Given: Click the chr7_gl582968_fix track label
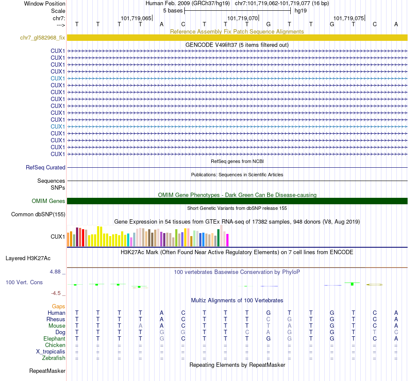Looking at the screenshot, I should click(x=43, y=38).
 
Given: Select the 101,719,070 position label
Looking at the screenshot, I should click(x=243, y=18).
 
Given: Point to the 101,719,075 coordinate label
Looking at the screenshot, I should click(x=349, y=18).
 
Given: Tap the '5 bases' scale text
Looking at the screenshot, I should click(x=173, y=10).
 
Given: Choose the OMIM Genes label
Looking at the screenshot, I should click(x=49, y=201).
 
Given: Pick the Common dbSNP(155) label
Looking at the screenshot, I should click(x=38, y=214).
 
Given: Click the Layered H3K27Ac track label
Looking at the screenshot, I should click(x=28, y=258).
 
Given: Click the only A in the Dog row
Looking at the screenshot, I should click(x=268, y=332).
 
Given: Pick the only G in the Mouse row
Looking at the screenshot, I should click(x=332, y=326).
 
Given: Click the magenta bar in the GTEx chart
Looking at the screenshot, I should click(x=227, y=240).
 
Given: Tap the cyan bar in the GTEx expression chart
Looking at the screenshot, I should click(x=128, y=240).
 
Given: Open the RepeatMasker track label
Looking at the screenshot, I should click(x=47, y=371).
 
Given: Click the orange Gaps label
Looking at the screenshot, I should click(x=58, y=306).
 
